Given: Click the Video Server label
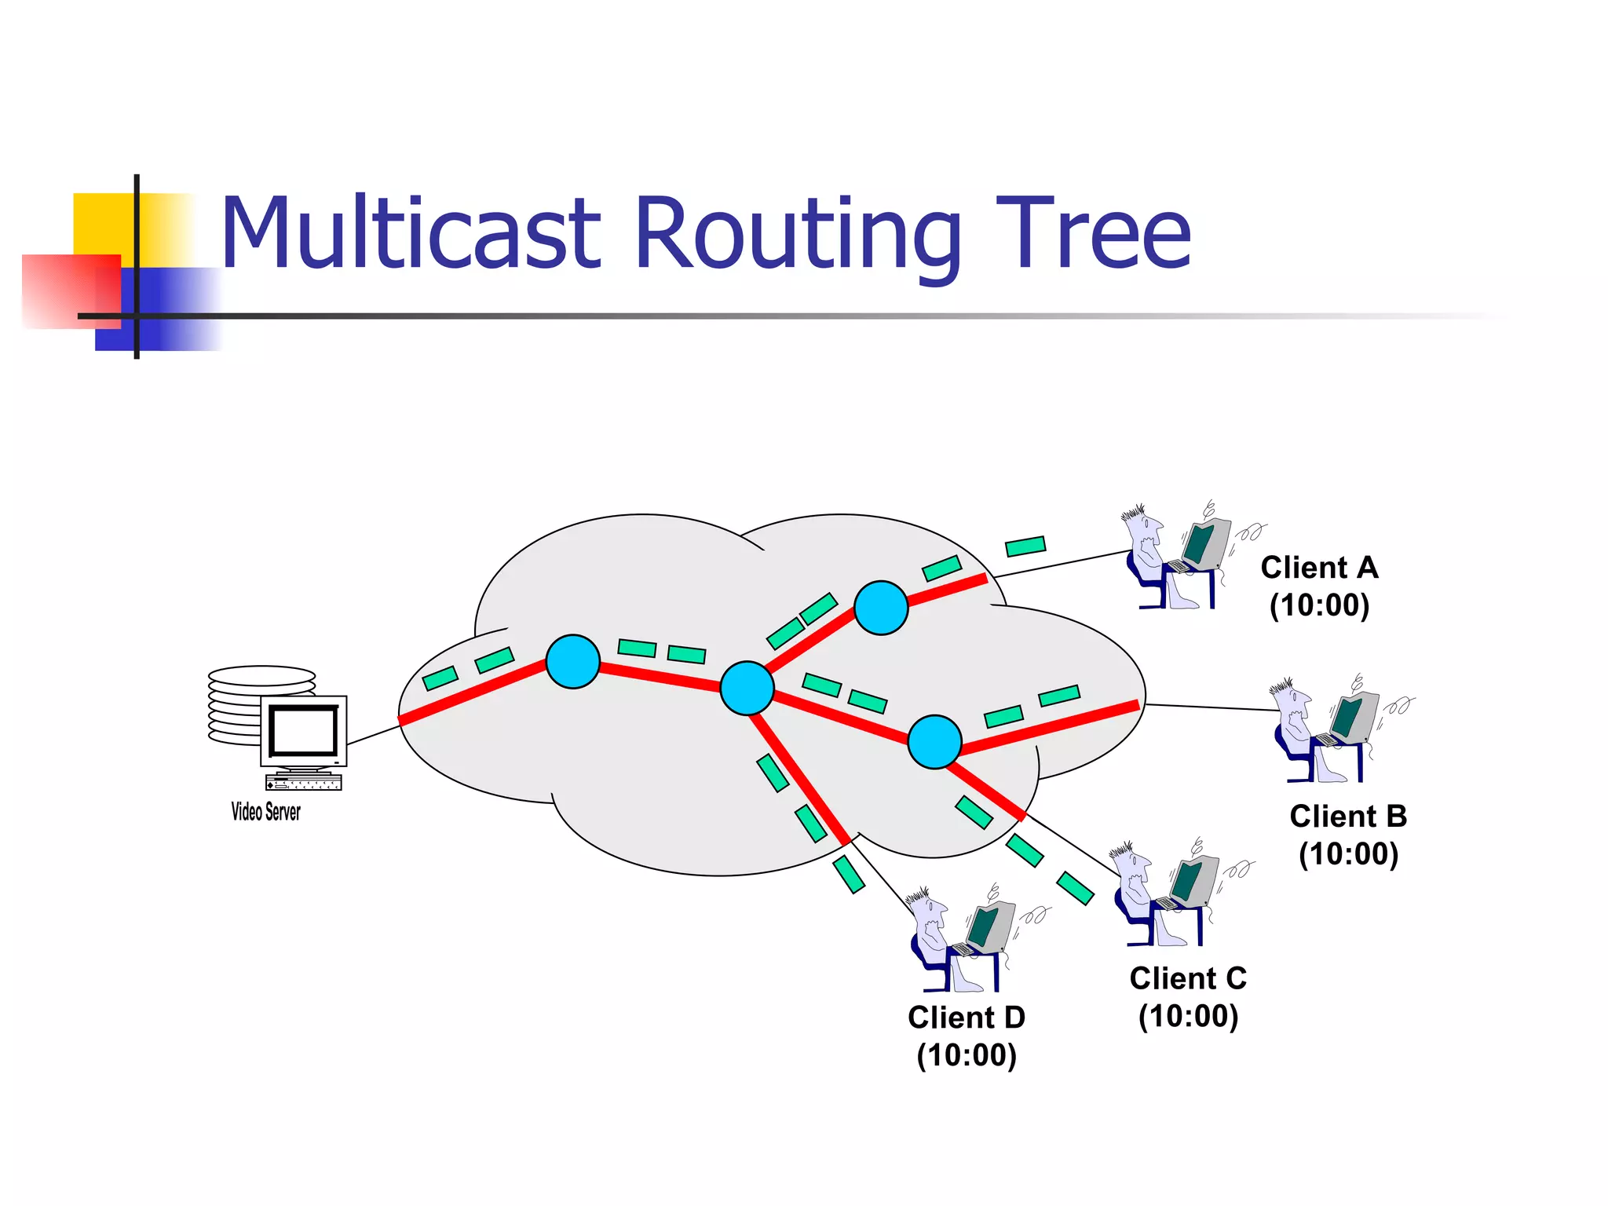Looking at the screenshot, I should coord(265,812).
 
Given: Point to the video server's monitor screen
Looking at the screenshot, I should coord(303,730).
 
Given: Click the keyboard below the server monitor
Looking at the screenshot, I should coord(304,783).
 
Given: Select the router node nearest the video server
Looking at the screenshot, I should coord(573,662).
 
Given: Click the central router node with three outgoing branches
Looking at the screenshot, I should coord(747,688).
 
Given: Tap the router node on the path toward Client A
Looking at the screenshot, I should coord(881,608).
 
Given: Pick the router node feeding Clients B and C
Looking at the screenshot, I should coord(934,741).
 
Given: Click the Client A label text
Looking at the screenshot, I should coord(1319,568).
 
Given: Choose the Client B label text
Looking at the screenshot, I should coord(1348,817).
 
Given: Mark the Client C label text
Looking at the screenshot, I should coord(1188,979).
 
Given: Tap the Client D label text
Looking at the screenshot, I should coord(967,1018).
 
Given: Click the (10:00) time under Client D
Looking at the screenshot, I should coord(967,1055).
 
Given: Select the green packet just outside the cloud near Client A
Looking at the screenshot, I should coord(1025,546).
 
